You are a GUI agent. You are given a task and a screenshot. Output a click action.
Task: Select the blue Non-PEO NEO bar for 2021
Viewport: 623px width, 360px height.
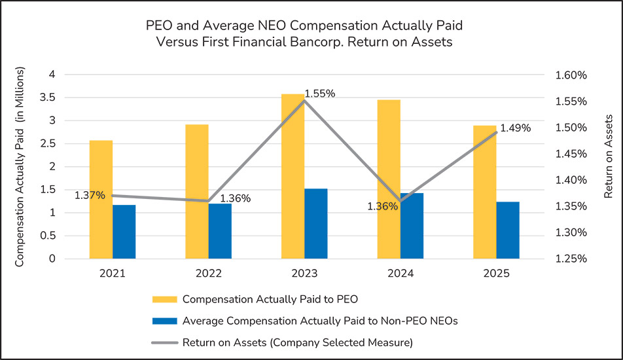[x=124, y=232]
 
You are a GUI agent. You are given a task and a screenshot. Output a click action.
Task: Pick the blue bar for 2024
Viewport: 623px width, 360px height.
[x=412, y=226]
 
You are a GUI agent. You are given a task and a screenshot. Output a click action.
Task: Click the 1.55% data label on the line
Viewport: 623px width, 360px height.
[x=320, y=94]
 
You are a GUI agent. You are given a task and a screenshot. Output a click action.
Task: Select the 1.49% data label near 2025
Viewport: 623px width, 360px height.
[x=515, y=128]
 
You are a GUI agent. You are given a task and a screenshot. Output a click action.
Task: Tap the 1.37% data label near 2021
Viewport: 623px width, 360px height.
[x=90, y=195]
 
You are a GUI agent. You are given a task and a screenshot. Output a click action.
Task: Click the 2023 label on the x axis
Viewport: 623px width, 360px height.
[x=304, y=273]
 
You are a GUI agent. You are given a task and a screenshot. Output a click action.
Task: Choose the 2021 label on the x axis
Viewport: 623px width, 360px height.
[x=113, y=273]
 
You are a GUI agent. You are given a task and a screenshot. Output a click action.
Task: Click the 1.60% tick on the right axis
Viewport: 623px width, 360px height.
[x=571, y=75]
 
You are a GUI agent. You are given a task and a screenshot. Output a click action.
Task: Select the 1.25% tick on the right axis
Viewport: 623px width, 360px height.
[x=571, y=259]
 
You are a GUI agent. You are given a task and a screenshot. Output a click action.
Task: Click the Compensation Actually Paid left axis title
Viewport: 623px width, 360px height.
[x=20, y=166]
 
